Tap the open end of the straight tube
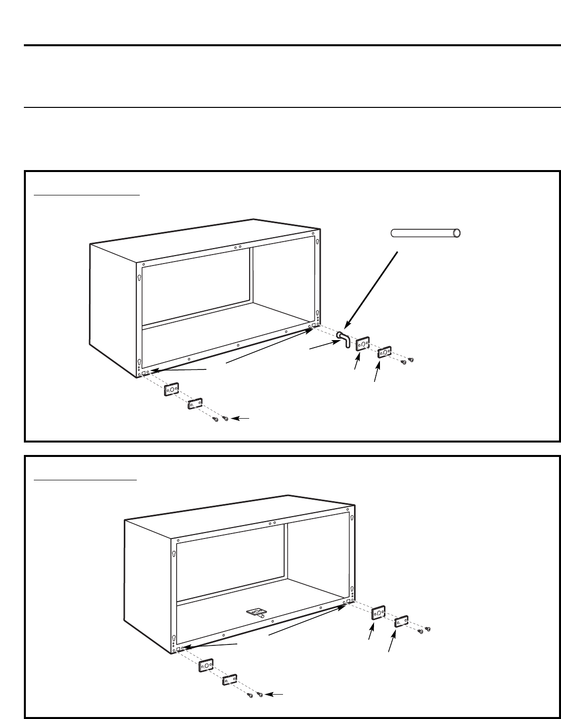point(457,233)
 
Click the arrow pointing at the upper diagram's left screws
point(240,420)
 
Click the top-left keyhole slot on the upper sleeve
point(140,278)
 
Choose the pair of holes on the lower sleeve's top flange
point(272,523)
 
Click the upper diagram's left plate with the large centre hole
point(172,390)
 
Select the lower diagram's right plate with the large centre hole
point(379,613)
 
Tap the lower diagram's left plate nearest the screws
point(229,679)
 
